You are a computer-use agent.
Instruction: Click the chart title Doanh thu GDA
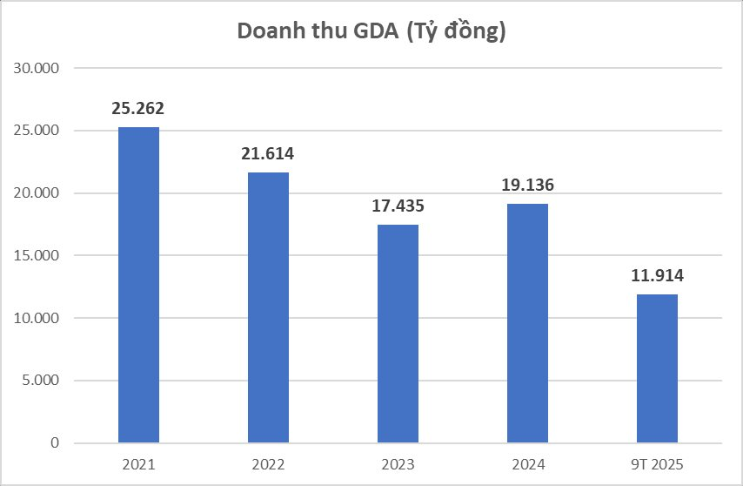[371, 31]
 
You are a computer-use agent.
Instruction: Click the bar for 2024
[527, 323]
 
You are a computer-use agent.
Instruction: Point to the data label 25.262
[138, 109]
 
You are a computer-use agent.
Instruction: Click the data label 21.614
[268, 154]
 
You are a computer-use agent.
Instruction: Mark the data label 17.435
[398, 206]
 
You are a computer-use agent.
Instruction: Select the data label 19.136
[527, 186]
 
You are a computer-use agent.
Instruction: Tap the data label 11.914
[657, 276]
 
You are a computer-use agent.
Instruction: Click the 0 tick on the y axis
[54, 443]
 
